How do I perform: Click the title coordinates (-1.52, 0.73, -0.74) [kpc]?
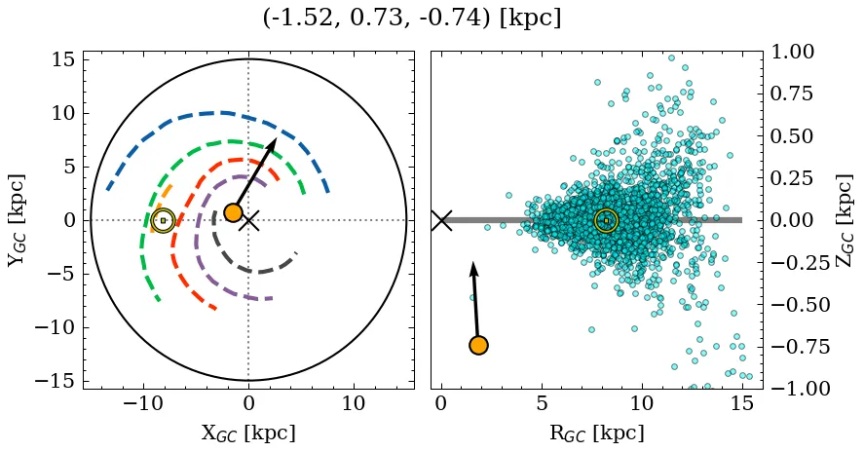point(412,19)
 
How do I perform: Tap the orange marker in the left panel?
point(233,212)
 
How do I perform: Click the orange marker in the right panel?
point(478,345)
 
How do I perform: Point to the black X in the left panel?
point(249,220)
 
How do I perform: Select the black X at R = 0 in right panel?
point(441,220)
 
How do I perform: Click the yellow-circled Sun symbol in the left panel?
point(163,221)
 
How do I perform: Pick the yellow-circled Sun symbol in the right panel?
point(606,221)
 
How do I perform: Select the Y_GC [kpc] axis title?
point(17,220)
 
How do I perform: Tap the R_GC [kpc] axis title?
point(596,433)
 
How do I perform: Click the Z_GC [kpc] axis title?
point(845,220)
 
